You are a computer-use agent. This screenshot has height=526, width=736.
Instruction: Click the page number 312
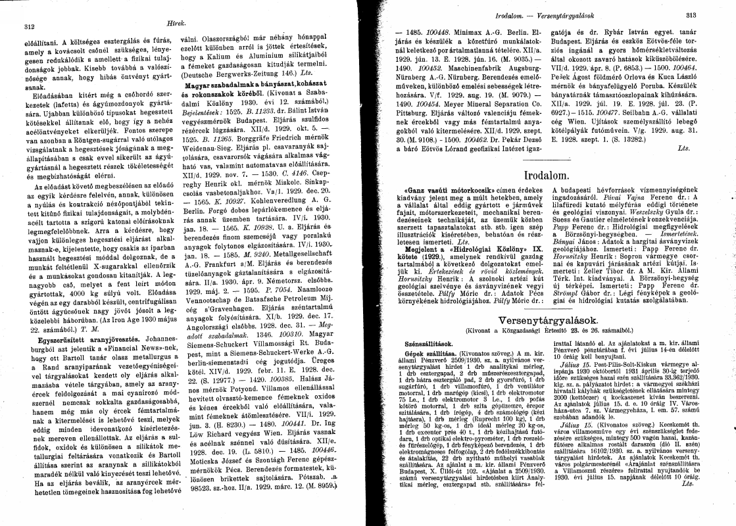tap(28, 27)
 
